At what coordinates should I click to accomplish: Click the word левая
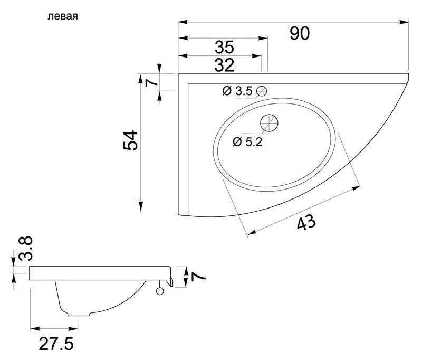[63, 16]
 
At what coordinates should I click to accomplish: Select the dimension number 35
[224, 46]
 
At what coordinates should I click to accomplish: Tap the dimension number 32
[224, 65]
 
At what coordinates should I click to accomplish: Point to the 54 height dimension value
[131, 140]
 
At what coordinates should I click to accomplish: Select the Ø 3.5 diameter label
[238, 91]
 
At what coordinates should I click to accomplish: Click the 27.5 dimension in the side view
[55, 344]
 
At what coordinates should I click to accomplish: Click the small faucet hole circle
[261, 91]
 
